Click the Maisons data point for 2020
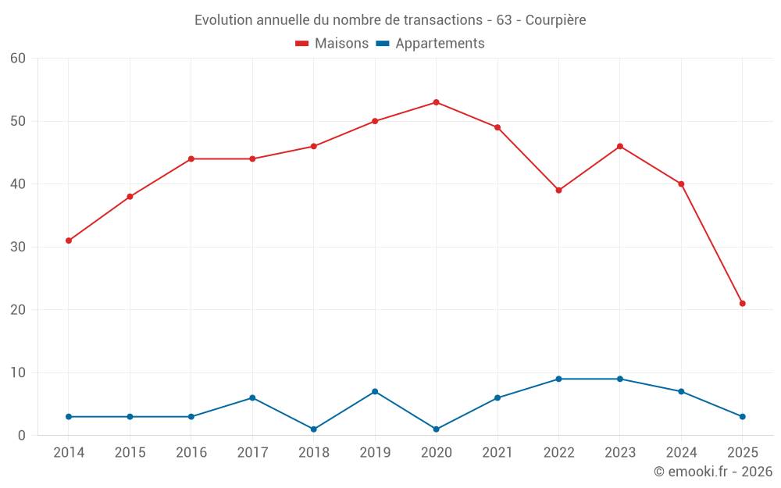click(x=436, y=102)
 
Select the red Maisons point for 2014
click(x=69, y=240)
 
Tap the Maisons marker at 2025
click(x=742, y=304)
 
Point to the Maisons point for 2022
click(x=558, y=191)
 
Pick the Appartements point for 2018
click(x=314, y=429)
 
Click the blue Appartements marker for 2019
click(x=375, y=391)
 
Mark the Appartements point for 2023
click(x=620, y=379)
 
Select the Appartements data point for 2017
click(x=252, y=398)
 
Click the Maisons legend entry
click(x=332, y=44)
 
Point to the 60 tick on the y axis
click(x=18, y=59)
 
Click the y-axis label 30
click(x=18, y=247)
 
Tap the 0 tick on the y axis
click(x=22, y=436)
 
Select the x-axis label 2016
click(x=191, y=453)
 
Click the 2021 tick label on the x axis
click(x=497, y=453)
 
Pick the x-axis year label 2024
click(x=681, y=453)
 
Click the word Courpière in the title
click(x=555, y=20)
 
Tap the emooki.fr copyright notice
click(x=712, y=472)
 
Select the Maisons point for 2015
click(x=130, y=197)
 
